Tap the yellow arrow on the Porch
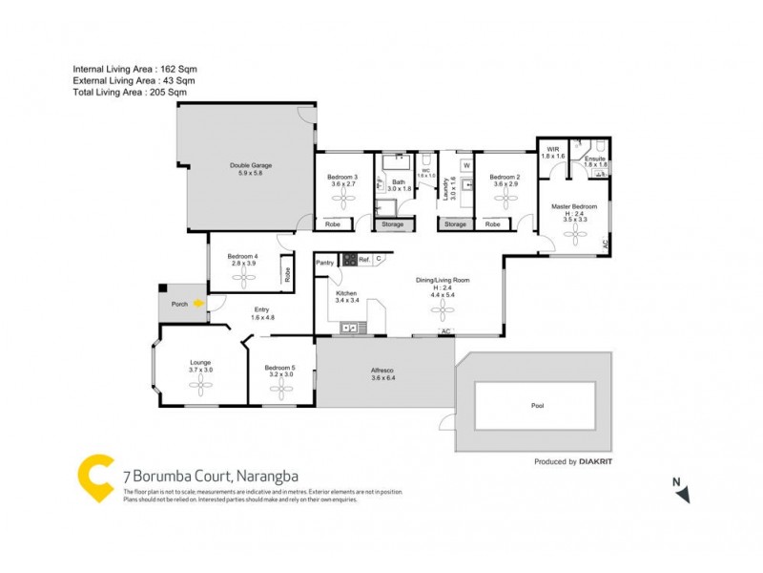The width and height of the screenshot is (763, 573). (198, 304)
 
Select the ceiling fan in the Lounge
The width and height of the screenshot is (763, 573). (200, 385)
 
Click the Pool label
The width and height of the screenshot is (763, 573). (538, 406)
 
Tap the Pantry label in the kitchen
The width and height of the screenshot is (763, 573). (324, 260)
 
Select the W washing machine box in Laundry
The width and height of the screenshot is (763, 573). (466, 164)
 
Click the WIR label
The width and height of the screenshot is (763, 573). (553, 149)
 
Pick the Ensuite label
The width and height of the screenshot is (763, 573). (595, 159)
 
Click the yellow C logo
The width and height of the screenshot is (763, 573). (95, 477)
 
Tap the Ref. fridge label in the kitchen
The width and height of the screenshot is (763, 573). (364, 259)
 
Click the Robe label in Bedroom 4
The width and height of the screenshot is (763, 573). (286, 274)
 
